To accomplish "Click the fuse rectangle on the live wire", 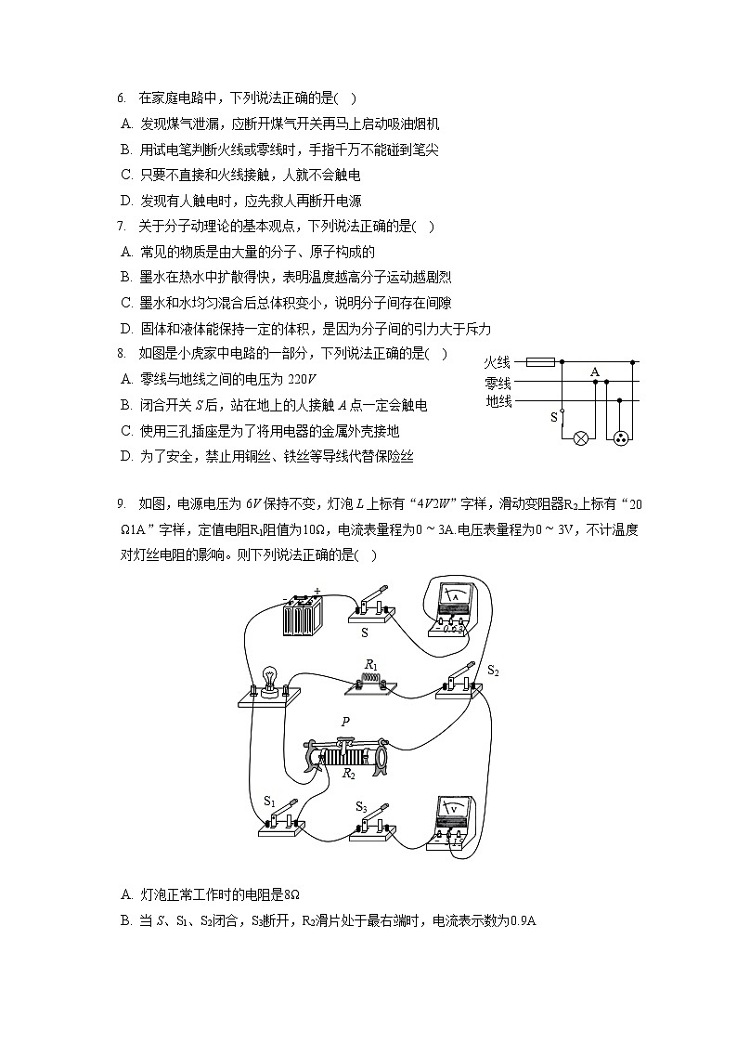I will (541, 362).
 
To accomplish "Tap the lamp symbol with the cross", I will (582, 437).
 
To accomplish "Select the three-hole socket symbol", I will (621, 437).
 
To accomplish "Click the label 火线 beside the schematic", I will (498, 362).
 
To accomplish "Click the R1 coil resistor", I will (370, 682).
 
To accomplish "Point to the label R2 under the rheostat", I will (349, 773).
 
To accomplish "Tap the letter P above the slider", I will (345, 722).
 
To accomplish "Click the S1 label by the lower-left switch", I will (270, 800).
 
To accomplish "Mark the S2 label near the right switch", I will (493, 670).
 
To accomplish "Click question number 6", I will (121, 98).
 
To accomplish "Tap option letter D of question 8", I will (125, 456).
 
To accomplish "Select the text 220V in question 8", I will (303, 379).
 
